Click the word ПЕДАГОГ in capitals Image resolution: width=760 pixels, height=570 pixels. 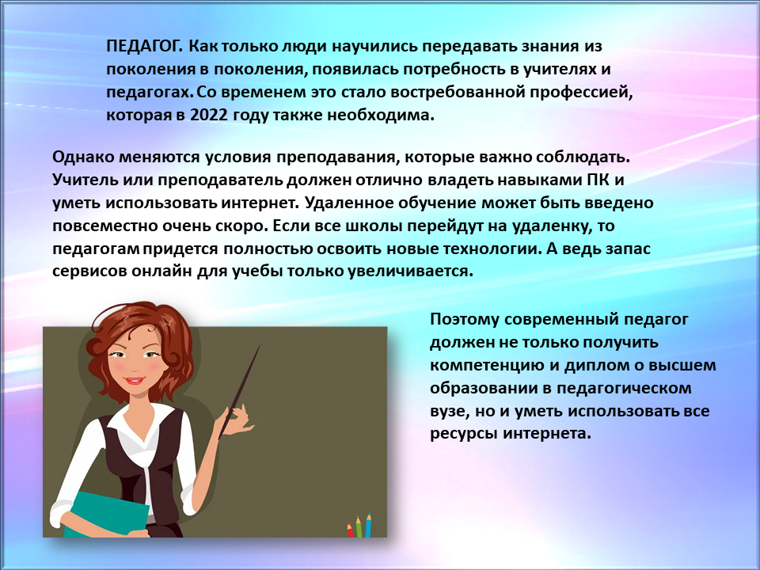[x=143, y=46]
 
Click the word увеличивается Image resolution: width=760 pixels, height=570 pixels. [x=410, y=271]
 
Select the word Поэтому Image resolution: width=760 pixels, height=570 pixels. [x=465, y=320]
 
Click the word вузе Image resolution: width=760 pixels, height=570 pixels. [x=449, y=412]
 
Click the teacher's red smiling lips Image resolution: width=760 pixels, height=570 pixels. [x=133, y=381]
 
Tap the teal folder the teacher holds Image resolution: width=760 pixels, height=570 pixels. [x=108, y=515]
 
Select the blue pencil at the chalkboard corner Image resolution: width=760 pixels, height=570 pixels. [x=368, y=525]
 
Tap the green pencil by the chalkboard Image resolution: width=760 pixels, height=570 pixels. [x=359, y=527]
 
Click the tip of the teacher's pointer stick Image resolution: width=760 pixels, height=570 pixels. [x=260, y=345]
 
